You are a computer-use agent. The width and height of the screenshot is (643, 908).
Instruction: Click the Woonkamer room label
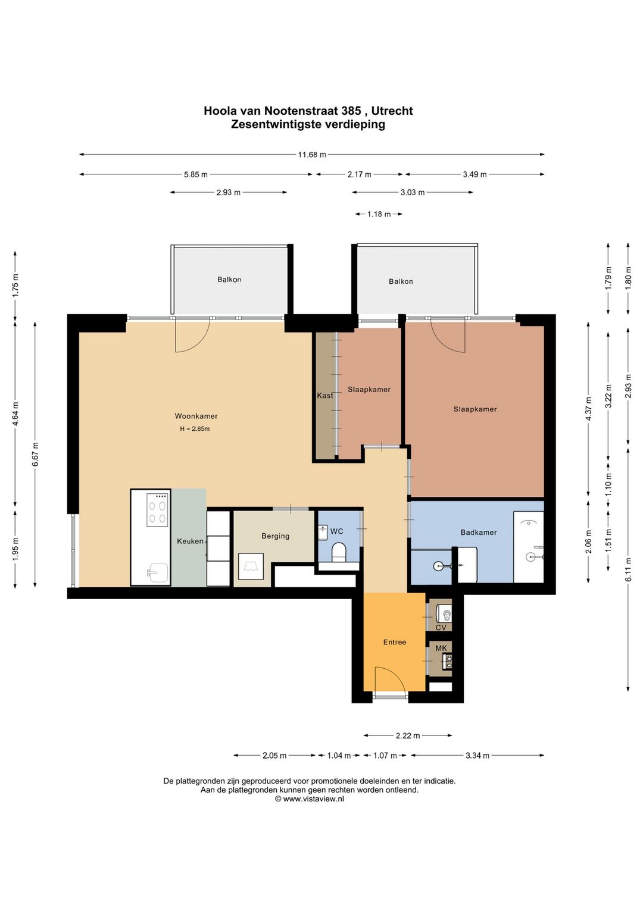[x=196, y=416]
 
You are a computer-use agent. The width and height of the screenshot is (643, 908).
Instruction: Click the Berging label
[x=276, y=536]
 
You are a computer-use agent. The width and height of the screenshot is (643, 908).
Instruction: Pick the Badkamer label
[x=478, y=532]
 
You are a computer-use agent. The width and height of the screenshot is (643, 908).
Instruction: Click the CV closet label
[x=441, y=628]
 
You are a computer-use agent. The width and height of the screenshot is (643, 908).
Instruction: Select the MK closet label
[x=441, y=648]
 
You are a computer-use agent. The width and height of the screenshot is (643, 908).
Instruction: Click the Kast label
[x=325, y=395]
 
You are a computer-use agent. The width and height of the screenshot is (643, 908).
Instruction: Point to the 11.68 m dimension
[x=312, y=155]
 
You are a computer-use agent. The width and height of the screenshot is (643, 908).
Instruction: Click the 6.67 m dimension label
[x=35, y=454]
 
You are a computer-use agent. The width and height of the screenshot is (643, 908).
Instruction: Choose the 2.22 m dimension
[x=408, y=735]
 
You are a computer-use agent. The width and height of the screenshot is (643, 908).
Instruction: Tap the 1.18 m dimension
[x=379, y=214]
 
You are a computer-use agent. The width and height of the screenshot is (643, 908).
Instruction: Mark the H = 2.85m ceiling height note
[x=195, y=428]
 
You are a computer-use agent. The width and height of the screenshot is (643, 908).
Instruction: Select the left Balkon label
[x=229, y=279]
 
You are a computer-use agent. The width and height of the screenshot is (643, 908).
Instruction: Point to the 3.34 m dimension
[x=477, y=755]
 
